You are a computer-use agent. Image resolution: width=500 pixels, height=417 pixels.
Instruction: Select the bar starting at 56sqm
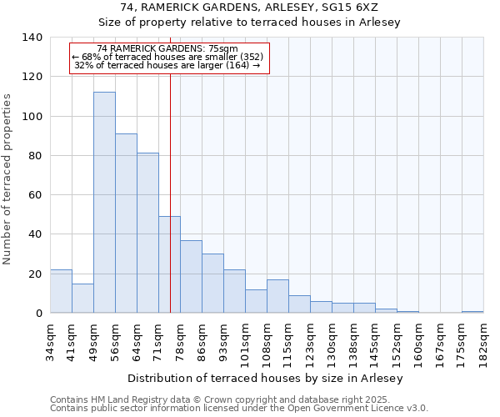(x=126, y=224)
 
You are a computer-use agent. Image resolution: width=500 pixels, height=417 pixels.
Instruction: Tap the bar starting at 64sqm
(x=147, y=233)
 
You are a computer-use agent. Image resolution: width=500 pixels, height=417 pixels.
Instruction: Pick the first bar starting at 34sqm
(x=61, y=291)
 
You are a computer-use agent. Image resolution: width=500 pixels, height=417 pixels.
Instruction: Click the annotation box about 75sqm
(x=170, y=58)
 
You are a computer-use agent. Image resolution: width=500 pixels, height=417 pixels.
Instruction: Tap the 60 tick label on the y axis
(x=34, y=195)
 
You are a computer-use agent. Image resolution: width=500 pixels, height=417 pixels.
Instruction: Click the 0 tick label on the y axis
(x=37, y=314)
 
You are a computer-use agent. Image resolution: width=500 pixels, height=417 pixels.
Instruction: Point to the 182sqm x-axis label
(x=484, y=342)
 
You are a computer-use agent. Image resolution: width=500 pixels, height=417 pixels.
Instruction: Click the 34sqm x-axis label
(x=50, y=342)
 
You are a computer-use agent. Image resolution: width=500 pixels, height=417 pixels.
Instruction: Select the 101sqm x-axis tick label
(x=245, y=342)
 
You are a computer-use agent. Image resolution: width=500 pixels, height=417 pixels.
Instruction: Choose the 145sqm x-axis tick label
(x=375, y=342)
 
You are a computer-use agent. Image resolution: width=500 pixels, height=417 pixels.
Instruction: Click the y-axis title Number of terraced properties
(x=8, y=179)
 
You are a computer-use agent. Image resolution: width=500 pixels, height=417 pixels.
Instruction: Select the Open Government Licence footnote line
(x=239, y=409)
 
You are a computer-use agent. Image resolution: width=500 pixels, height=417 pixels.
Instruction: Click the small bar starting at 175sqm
(x=472, y=312)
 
